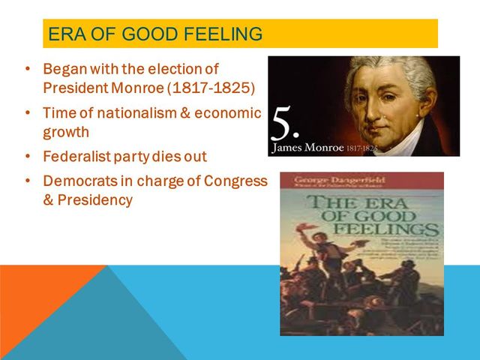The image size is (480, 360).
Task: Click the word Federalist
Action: [76, 158]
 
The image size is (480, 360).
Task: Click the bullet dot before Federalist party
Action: [27, 158]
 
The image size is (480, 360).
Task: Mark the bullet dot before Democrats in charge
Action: [27, 182]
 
